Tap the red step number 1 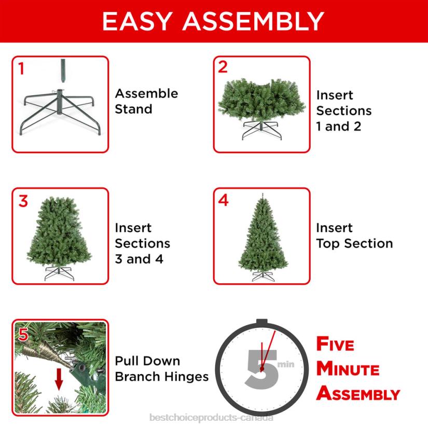point(21,68)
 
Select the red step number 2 point(223,67)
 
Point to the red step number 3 point(23,201)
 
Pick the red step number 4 point(223,200)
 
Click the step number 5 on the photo point(23,335)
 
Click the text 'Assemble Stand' point(146,101)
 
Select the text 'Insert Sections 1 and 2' point(343,111)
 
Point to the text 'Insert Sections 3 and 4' point(142,243)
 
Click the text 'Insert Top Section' point(354,236)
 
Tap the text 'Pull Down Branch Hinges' point(161,368)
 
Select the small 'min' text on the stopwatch point(285,364)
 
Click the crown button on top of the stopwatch point(262,323)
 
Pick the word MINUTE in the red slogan point(348,369)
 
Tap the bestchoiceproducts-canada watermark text point(211,418)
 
